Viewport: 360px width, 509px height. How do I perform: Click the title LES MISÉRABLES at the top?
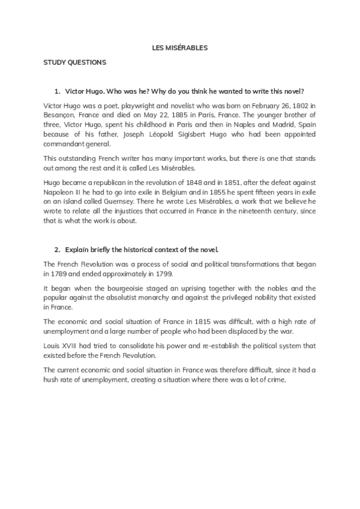click(x=179, y=47)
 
